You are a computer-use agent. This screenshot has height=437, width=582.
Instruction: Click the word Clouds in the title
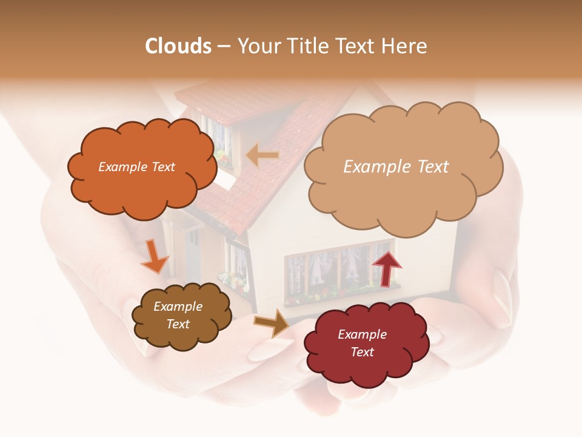coord(178,46)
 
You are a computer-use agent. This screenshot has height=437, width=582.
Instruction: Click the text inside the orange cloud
coord(136,167)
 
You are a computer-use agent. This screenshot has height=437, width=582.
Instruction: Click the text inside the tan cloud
coord(396,166)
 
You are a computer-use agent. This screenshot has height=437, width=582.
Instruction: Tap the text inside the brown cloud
coord(178,315)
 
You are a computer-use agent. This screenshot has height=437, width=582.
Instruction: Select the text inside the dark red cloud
coord(362,343)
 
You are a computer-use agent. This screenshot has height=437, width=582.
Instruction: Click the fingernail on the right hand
coord(503,291)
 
